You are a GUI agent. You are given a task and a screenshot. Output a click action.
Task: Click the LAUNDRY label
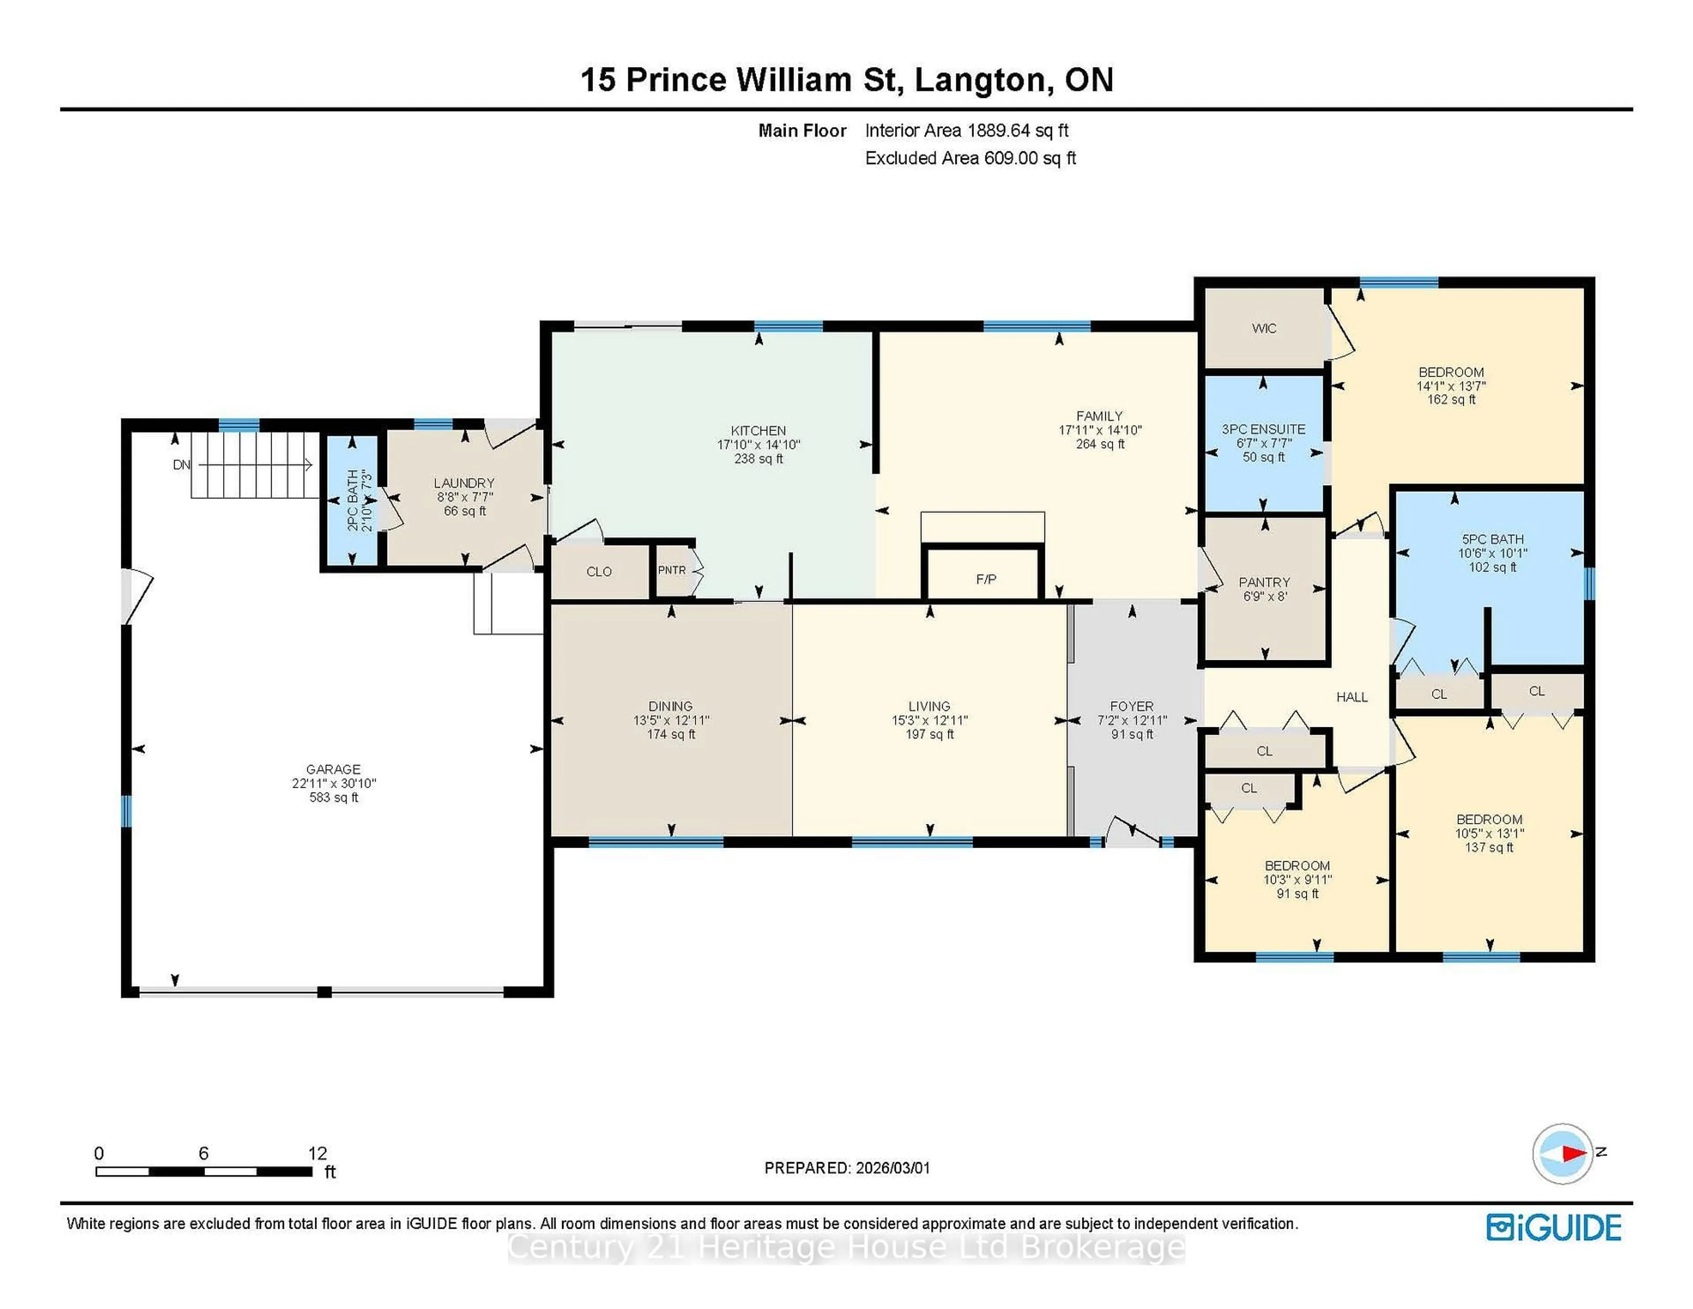click(x=464, y=496)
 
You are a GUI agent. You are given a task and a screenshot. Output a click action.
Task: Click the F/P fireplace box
click(x=985, y=579)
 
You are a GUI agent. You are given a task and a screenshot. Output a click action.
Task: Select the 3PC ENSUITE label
click(x=1264, y=443)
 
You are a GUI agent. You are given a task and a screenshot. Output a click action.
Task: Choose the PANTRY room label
click(x=1264, y=589)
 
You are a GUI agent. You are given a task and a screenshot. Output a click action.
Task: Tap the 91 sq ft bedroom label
click(x=1297, y=879)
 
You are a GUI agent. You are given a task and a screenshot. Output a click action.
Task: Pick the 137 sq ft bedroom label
click(x=1489, y=833)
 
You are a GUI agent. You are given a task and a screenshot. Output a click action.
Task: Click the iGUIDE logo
click(x=1554, y=1227)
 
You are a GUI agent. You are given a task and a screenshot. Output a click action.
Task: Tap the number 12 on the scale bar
click(x=317, y=1153)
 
